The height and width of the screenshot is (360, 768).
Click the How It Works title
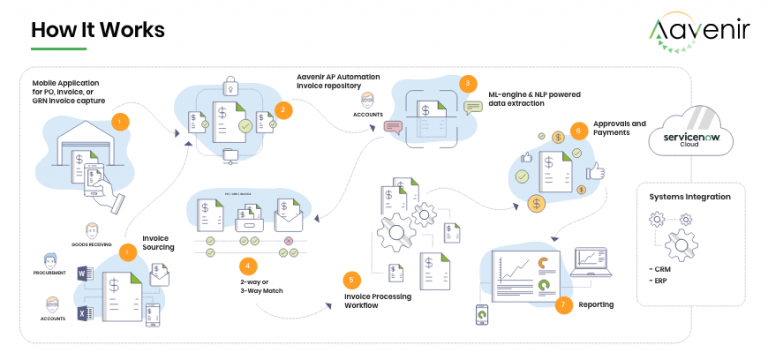tap(97, 31)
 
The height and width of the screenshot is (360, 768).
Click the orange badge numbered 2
tap(283, 110)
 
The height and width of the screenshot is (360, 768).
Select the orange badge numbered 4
tap(248, 265)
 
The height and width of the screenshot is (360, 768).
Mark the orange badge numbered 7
tap(562, 303)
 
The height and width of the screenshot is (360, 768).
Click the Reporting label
tap(596, 304)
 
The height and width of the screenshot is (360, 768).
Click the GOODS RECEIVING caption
tap(94, 243)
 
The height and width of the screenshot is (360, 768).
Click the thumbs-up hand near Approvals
tap(597, 172)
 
